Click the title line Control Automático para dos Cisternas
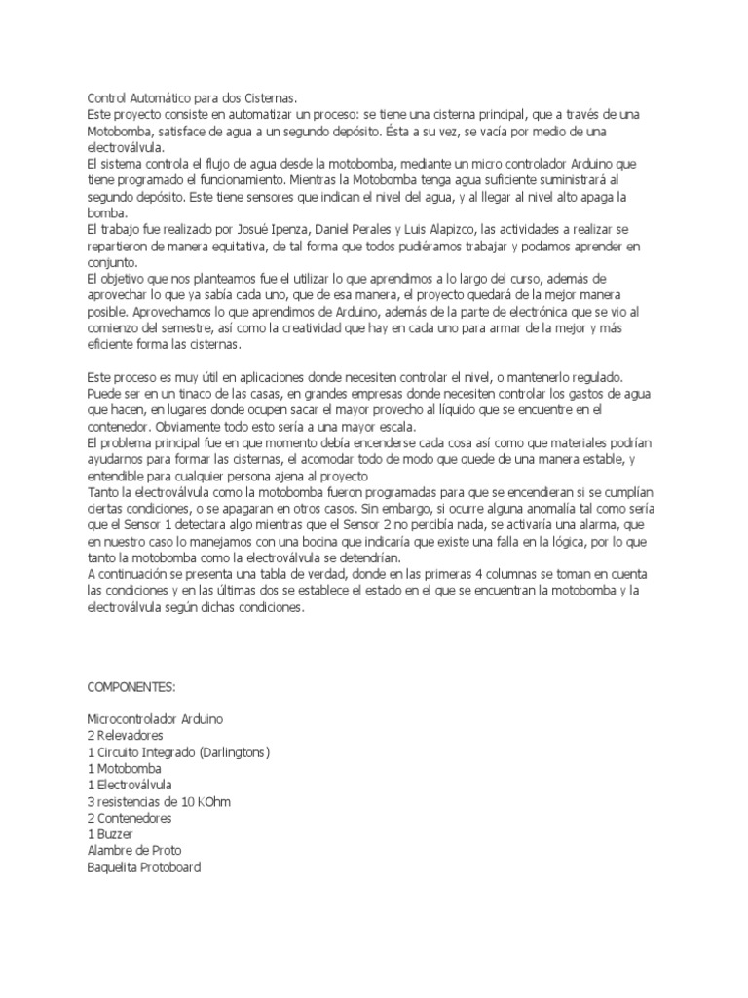click(x=193, y=98)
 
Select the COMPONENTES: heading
click(x=131, y=687)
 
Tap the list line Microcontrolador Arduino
click(x=156, y=718)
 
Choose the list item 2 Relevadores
click(x=125, y=735)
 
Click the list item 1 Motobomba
click(x=124, y=768)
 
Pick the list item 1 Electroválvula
click(x=131, y=785)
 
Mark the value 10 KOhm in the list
click(x=206, y=801)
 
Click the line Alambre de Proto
click(x=133, y=851)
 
